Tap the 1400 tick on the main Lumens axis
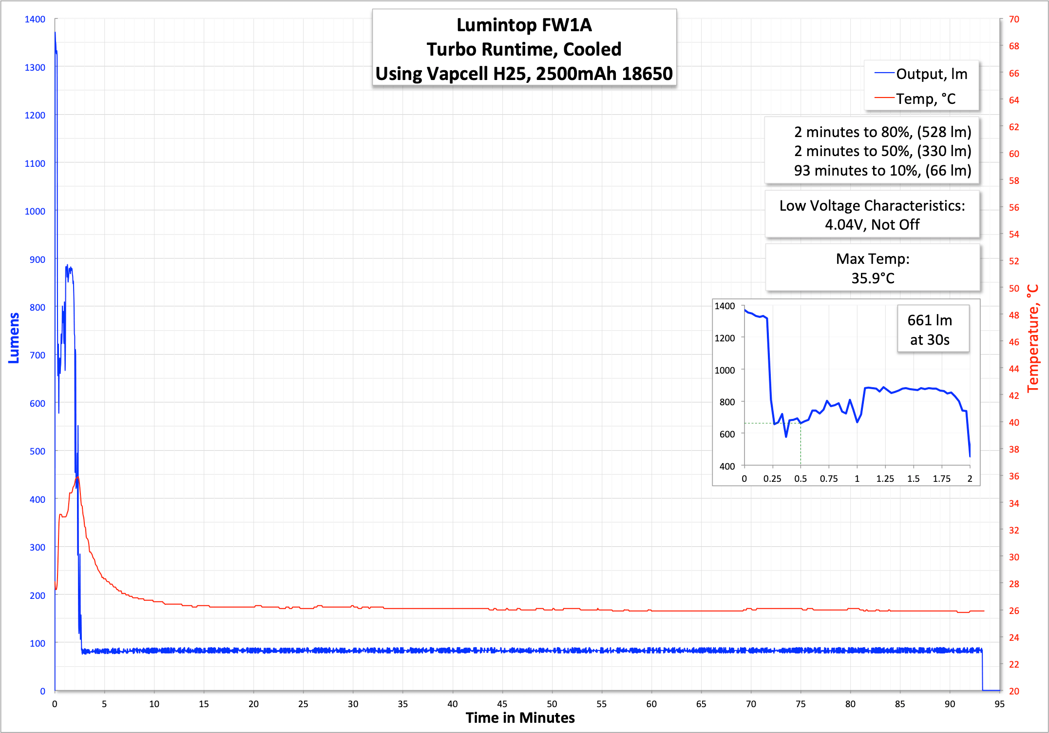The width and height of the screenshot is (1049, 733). coord(35,20)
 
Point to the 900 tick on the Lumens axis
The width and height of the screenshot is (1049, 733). coord(37,259)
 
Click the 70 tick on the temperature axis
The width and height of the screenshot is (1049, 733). coord(1014,20)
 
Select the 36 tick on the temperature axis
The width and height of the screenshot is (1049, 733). coord(1014,476)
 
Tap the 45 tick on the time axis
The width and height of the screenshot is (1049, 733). coord(502,704)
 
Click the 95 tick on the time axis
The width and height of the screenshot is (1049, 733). coord(999,704)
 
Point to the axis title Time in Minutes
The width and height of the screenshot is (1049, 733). coord(520,718)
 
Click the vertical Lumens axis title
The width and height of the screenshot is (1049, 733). coord(14,338)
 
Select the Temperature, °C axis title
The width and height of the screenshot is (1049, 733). coord(1032,338)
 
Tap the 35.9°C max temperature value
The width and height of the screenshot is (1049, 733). coord(873,278)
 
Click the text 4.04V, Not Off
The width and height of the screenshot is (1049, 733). coord(872,225)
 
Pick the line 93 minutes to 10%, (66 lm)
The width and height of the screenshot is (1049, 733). coord(882,171)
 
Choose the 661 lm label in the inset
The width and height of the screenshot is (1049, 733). coord(929,320)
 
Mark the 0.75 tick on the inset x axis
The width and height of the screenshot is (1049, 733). coord(828,479)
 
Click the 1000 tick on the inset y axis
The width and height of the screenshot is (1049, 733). coord(725,370)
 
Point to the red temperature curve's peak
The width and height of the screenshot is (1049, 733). coord(77,476)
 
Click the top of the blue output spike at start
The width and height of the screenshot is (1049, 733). coord(55,33)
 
